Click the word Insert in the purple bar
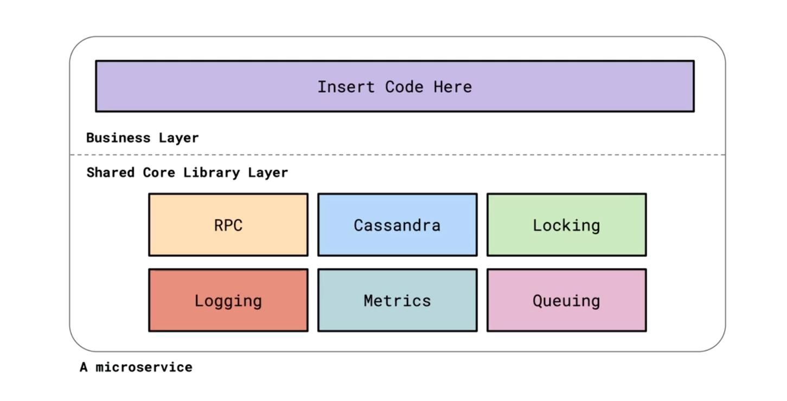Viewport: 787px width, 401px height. (x=345, y=87)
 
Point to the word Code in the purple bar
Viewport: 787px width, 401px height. (x=404, y=87)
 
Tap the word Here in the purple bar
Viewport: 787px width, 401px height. (x=452, y=87)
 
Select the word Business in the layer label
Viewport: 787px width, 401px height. (x=118, y=138)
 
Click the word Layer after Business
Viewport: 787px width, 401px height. (x=179, y=138)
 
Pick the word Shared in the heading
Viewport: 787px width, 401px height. (x=111, y=172)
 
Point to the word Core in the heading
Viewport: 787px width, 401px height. (x=159, y=172)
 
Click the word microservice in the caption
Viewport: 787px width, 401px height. (x=144, y=367)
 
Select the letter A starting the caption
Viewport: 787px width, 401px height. (x=84, y=367)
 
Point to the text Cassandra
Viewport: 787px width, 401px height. (x=397, y=225)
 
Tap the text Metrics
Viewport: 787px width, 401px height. (x=397, y=301)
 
